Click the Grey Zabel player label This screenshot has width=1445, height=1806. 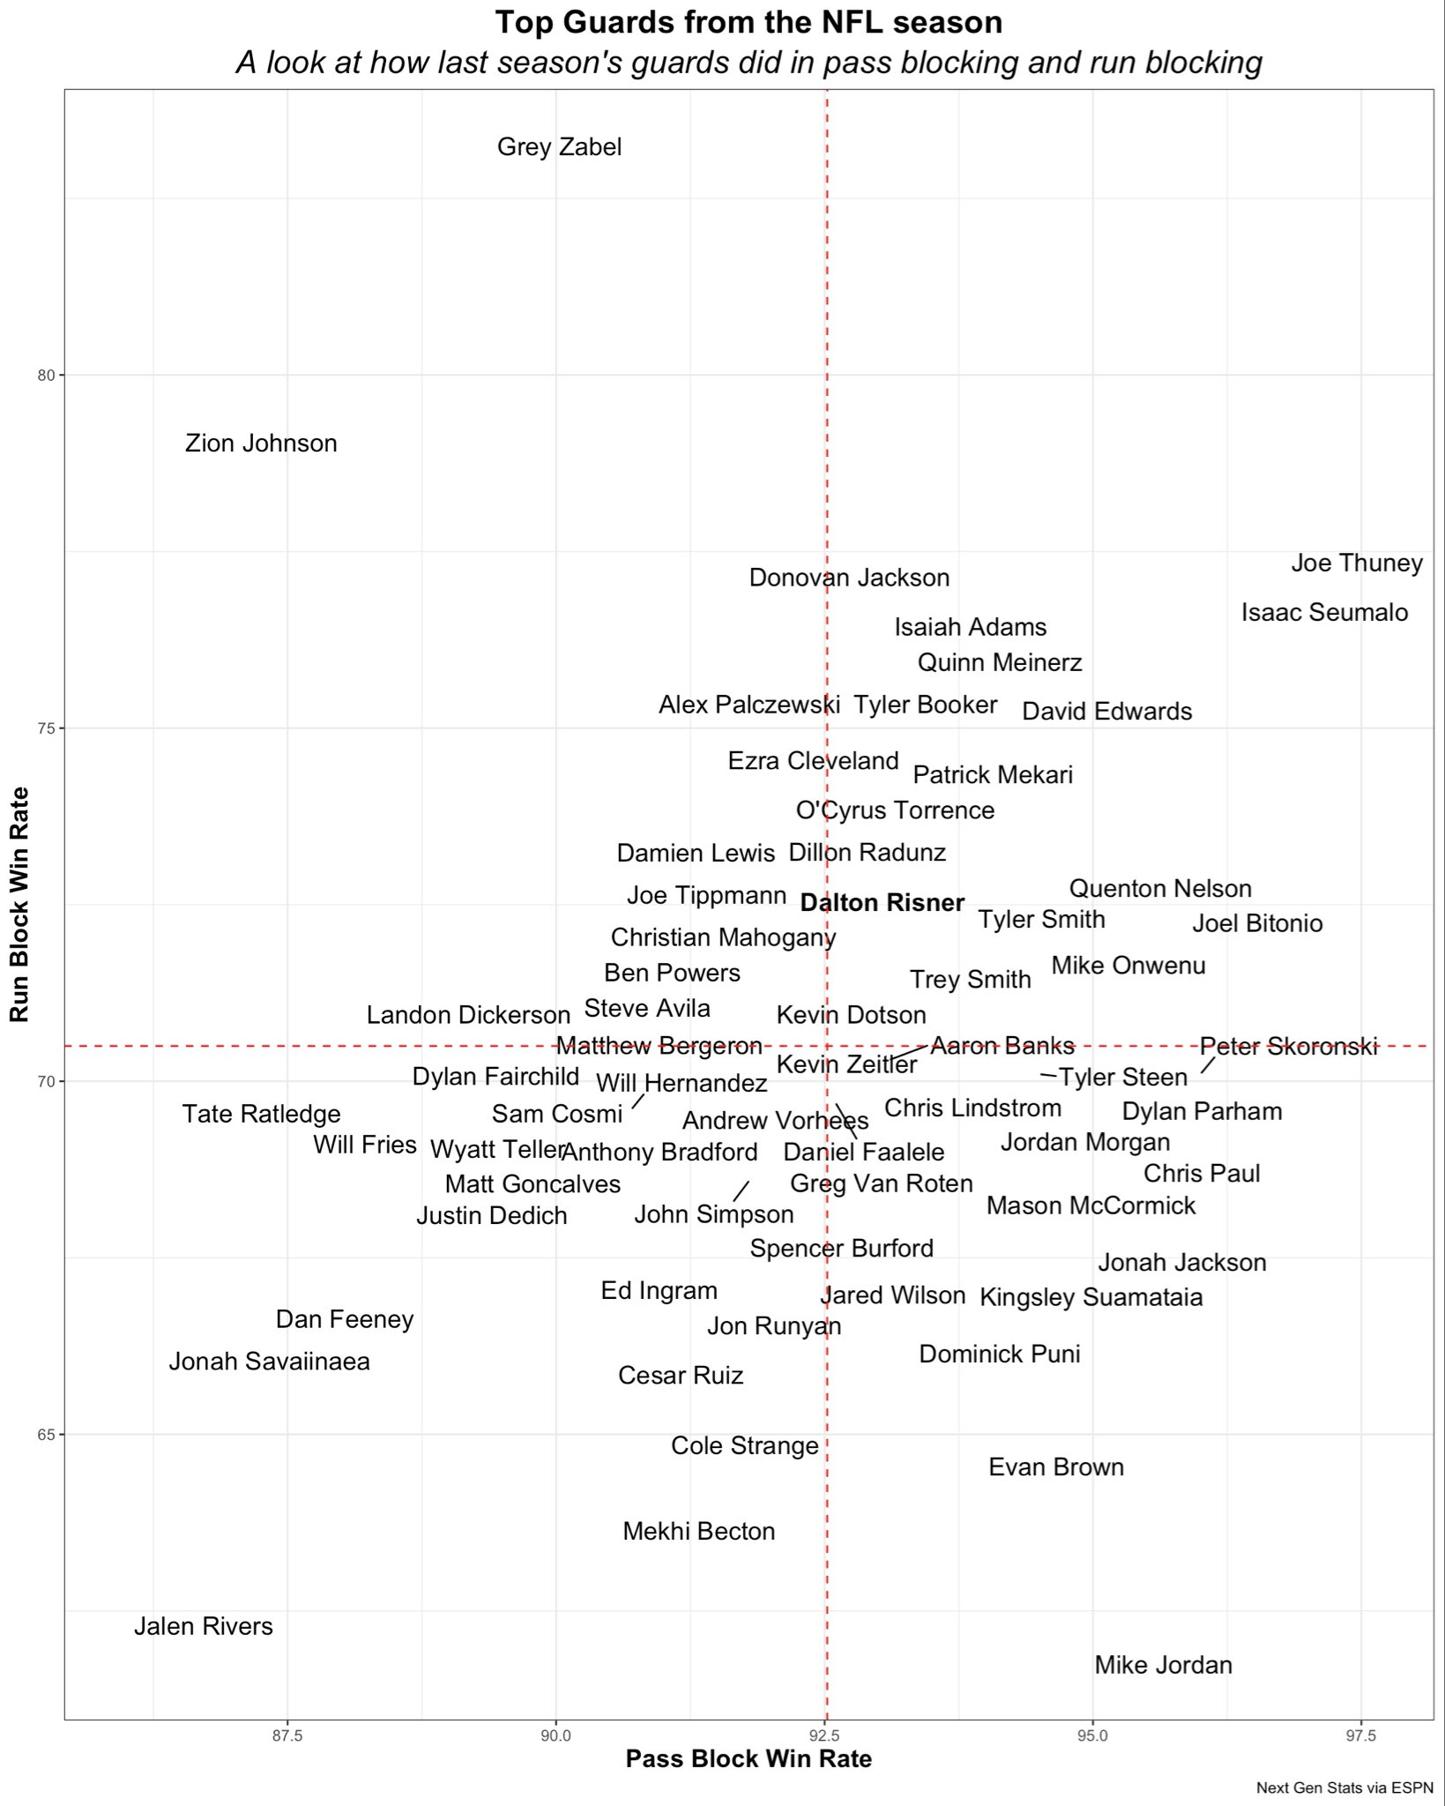point(559,146)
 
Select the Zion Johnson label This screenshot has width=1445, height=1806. point(261,443)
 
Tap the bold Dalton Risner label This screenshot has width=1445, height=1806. point(882,903)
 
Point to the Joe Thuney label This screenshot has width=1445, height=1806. point(1356,563)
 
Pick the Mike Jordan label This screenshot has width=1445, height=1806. point(1163,1665)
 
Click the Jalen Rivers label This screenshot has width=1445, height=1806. point(204,1626)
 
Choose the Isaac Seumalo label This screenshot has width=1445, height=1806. point(1324,612)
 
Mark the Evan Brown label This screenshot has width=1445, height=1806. point(1055,1467)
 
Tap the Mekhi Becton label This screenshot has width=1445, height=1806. point(698,1531)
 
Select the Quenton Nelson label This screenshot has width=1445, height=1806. point(1160,888)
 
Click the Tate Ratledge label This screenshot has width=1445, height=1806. point(261,1114)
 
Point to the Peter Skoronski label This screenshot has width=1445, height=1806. point(1288,1047)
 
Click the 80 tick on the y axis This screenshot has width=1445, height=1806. point(48,375)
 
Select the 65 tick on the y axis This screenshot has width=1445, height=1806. point(48,1435)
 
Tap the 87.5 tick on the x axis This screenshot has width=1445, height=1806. point(287,1736)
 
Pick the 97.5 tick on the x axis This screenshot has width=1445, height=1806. point(1360,1736)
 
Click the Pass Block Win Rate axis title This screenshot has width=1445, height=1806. point(749,1759)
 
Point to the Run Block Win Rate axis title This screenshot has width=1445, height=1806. point(19,904)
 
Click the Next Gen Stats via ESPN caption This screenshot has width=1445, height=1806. point(1344,1788)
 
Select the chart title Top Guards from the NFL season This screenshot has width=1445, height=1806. point(749,22)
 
